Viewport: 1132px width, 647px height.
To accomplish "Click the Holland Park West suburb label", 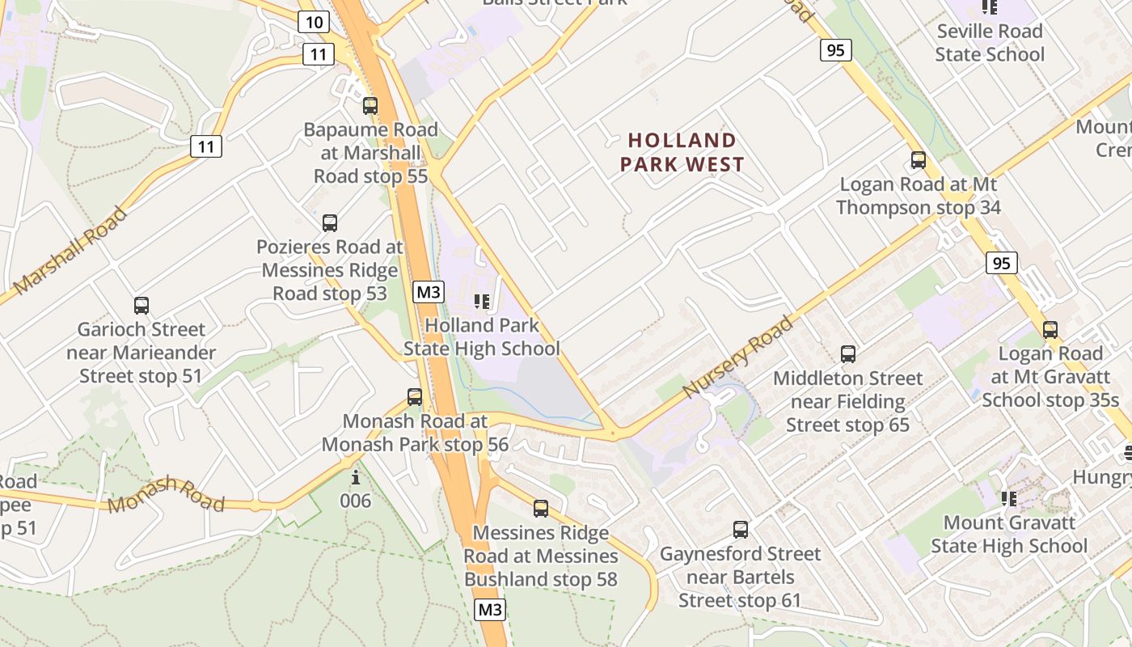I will (x=682, y=153).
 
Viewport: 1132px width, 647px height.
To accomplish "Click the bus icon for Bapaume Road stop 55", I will (x=370, y=106).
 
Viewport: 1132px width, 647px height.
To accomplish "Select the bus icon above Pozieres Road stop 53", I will (x=329, y=223).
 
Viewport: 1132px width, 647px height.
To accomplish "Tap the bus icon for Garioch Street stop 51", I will (x=141, y=306).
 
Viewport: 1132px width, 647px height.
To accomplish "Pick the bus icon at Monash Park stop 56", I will (x=415, y=397).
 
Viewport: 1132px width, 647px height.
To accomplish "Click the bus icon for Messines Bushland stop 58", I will (x=541, y=509).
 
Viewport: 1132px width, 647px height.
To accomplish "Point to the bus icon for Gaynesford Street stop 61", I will (x=741, y=530).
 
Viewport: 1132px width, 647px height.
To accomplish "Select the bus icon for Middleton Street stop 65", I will (x=848, y=354).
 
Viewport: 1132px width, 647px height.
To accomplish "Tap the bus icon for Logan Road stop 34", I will (x=919, y=160).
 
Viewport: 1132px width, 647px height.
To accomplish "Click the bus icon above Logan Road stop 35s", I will (x=1050, y=330).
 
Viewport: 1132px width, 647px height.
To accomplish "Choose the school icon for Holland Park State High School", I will (x=482, y=302).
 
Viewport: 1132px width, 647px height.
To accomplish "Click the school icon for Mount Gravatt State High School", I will (x=1009, y=499).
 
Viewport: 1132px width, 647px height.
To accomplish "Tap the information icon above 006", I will (x=355, y=477).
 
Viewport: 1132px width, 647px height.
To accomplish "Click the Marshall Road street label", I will (x=71, y=250).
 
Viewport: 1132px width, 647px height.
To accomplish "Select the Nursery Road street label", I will (x=737, y=357).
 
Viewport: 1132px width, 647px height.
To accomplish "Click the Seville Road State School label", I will (x=990, y=43).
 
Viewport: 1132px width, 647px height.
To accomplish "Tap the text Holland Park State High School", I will (x=482, y=337).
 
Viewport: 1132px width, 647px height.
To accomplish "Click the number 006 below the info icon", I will (x=355, y=501).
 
